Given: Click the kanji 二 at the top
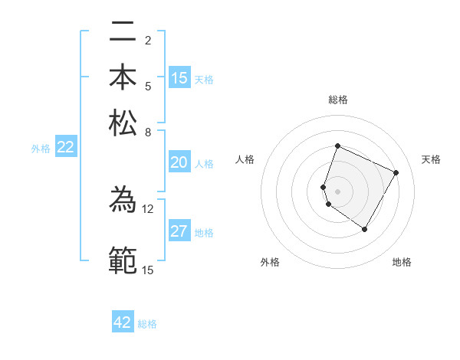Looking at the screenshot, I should pos(123,34).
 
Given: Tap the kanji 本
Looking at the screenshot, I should pos(123,78).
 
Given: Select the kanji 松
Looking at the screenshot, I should pos(123,123).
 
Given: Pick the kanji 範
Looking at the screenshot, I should pos(123,260).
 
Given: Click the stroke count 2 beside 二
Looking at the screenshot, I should pos(147,41).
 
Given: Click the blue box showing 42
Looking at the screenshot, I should pos(123,322).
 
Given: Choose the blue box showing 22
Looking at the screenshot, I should pos(66,148).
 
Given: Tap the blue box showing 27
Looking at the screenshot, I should pos(179,231).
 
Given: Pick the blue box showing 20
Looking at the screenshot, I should pos(179,162).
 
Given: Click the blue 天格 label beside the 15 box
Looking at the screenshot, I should pos(204,79).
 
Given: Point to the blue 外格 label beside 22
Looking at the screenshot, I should pos(41,149).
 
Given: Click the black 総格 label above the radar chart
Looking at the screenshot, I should pos(338,100).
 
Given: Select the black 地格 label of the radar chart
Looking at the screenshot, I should pos(402,262).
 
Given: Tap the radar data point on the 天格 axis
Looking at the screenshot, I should pos(396,173).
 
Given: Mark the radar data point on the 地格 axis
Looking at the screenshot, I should pos(365,229).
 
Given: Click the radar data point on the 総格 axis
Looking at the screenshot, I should pos(337,146).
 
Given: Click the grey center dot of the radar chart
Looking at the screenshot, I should pos(337,191).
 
